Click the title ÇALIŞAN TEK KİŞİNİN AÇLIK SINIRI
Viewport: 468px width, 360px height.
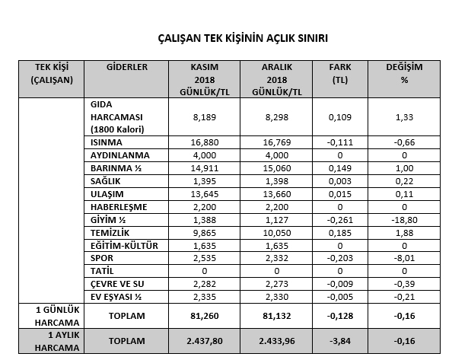(x=233, y=37)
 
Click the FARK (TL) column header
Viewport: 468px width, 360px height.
(x=339, y=73)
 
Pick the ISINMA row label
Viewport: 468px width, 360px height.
(x=107, y=142)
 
